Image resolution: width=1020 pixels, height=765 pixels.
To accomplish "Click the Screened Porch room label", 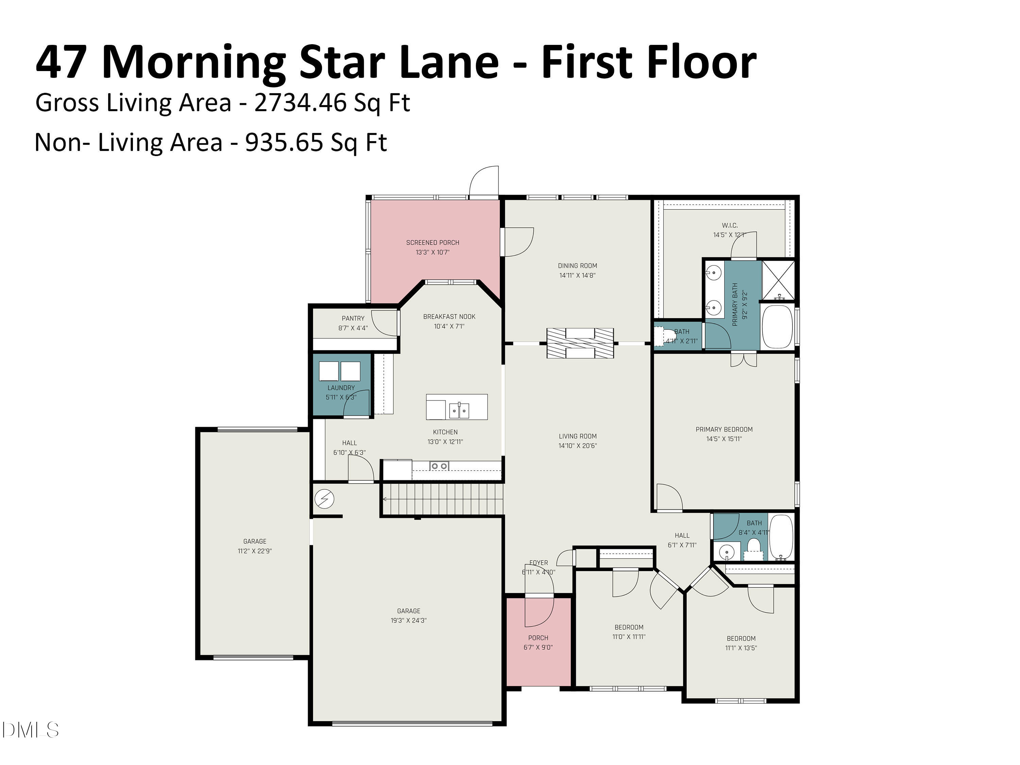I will (432, 242).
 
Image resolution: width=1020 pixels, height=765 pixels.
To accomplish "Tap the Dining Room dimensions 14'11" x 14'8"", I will (577, 276).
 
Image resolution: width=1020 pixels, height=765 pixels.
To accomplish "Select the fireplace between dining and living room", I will (580, 343).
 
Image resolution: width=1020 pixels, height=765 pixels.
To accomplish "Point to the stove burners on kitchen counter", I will (439, 466).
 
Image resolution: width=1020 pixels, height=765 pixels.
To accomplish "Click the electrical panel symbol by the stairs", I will (324, 499).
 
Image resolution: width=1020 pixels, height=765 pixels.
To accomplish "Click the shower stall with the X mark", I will (778, 280).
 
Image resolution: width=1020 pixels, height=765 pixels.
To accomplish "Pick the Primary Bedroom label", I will (724, 429).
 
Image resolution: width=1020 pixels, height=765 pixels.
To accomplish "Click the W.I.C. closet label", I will (730, 225).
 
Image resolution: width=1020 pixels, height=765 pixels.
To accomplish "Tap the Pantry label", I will (353, 319).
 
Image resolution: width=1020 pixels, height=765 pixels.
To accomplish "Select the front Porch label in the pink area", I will (538, 638).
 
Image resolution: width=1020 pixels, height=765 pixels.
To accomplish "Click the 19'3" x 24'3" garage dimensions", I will (409, 620).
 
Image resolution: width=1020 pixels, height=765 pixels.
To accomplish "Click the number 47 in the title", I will (61, 62).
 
